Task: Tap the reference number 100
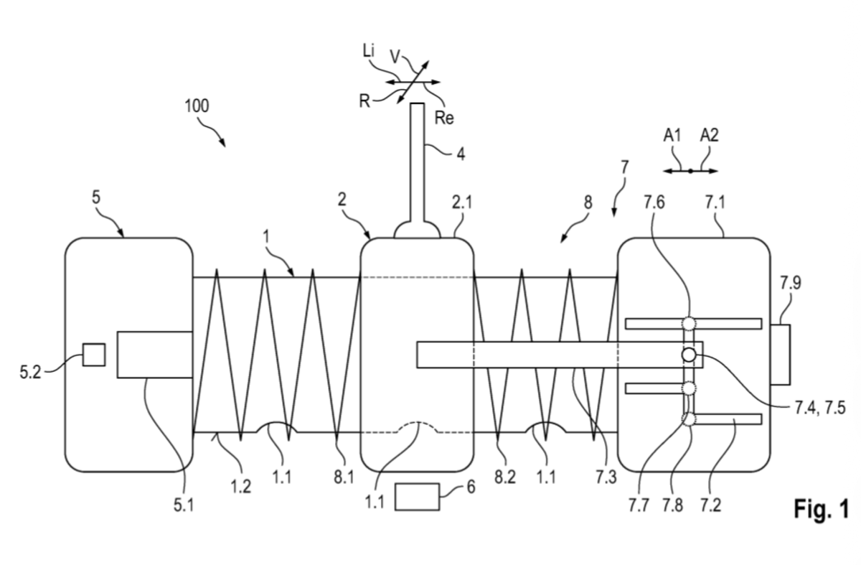(x=196, y=106)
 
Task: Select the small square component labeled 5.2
(x=93, y=355)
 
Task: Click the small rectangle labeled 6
(x=417, y=497)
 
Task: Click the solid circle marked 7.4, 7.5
(x=689, y=355)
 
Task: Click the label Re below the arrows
(x=445, y=118)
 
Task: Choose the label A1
(x=672, y=135)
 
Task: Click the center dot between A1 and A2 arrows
(x=690, y=171)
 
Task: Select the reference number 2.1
(x=463, y=204)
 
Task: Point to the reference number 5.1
(x=184, y=505)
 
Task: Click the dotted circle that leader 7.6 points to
(x=690, y=323)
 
